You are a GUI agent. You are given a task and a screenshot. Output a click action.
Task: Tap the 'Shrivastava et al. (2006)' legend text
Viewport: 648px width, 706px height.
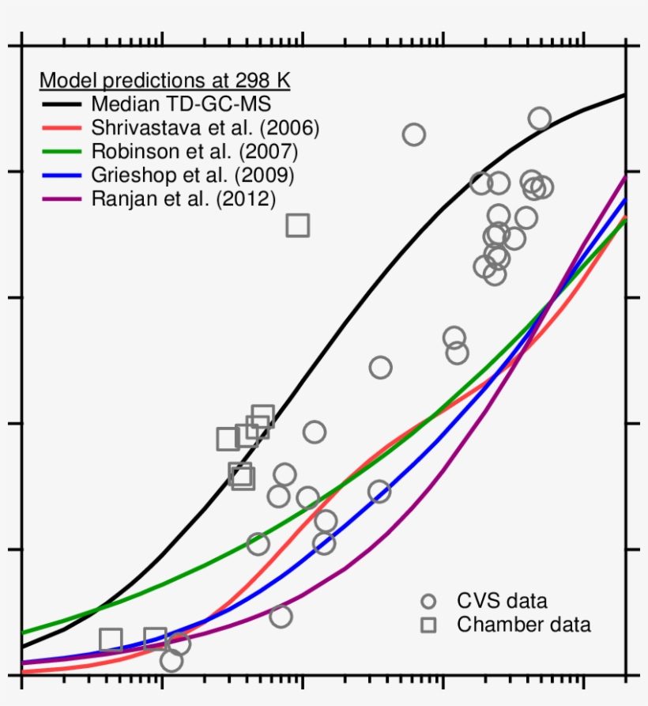click(205, 128)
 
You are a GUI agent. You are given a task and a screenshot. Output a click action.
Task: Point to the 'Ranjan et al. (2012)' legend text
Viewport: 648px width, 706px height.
click(183, 199)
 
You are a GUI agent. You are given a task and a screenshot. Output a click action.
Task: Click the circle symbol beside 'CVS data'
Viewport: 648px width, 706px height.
click(428, 602)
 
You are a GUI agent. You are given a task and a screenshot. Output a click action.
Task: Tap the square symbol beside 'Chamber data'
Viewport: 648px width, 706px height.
click(428, 625)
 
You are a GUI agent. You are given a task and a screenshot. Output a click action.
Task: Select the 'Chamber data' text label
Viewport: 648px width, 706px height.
click(523, 625)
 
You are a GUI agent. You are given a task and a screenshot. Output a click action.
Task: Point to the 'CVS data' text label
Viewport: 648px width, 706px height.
click(502, 602)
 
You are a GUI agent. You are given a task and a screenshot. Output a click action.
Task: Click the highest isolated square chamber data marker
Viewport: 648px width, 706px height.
click(297, 225)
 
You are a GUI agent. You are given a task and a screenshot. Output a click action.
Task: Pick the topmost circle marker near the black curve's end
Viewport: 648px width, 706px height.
click(540, 119)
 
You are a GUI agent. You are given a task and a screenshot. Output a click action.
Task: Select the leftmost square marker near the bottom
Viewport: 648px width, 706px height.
click(111, 640)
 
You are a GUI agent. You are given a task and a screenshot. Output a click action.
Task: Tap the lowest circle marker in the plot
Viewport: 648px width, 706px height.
click(171, 659)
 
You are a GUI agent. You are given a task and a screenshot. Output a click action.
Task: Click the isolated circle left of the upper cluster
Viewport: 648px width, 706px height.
click(413, 134)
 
